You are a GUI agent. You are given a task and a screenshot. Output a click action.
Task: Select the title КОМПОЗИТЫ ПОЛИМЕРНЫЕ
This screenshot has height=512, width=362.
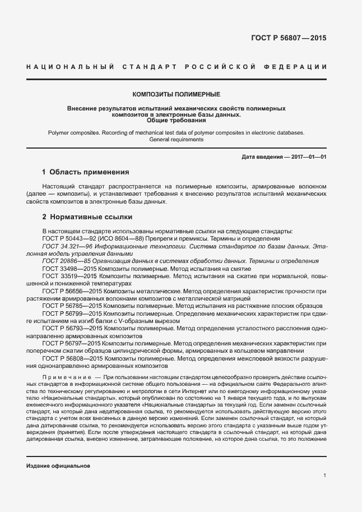[x=177, y=94]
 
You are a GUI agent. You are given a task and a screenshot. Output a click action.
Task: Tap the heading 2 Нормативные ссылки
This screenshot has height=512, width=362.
[x=87, y=216]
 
